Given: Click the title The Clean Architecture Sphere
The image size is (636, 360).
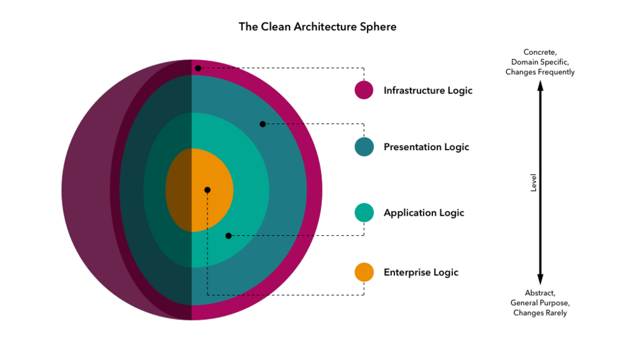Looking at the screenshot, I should tap(317, 27).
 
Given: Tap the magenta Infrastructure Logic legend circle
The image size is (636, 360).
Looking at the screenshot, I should tap(364, 90).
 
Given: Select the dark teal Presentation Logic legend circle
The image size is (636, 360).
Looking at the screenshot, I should tap(364, 147).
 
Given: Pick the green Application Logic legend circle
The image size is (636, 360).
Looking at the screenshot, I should tap(364, 212).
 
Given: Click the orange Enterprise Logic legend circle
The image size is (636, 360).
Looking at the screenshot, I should tap(364, 272).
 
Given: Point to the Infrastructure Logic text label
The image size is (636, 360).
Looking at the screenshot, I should tap(428, 90).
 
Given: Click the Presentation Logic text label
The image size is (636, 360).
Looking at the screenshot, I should tap(426, 147).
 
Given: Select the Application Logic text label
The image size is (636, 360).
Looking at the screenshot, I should tap(424, 212).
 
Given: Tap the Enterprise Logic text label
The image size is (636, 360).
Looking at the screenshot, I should tap(420, 272).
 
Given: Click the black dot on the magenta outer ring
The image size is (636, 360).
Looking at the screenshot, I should tap(198, 68).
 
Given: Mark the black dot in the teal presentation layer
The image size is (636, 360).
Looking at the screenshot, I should tap(262, 124).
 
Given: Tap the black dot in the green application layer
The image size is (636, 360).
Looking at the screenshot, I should tap(228, 236).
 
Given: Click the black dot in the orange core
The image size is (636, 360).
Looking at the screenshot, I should tap(207, 190).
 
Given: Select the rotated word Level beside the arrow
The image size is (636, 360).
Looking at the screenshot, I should tap(534, 183).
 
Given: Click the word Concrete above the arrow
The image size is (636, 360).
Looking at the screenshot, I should tap(540, 52).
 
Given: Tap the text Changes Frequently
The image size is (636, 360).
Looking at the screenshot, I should tap(540, 73).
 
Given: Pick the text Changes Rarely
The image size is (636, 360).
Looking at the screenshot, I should tap(540, 313).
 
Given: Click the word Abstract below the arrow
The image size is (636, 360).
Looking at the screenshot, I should tap(540, 293).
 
